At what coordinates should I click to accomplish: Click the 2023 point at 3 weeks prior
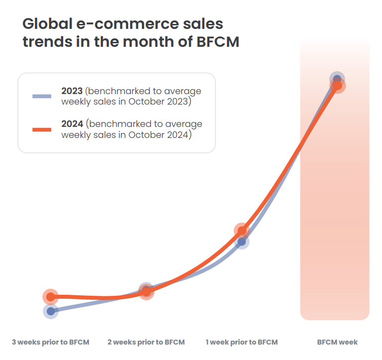tap(50, 311)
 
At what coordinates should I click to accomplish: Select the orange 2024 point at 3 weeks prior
tap(50, 297)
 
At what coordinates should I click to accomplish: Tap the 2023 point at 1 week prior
tap(242, 242)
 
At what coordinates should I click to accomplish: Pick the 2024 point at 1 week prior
tap(241, 231)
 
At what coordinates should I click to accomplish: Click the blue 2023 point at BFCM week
tap(337, 79)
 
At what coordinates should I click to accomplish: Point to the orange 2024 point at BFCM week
tap(338, 86)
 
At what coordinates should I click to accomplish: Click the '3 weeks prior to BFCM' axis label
tap(51, 342)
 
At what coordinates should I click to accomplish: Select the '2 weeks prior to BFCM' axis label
tap(146, 342)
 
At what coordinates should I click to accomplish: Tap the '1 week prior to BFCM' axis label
tap(242, 342)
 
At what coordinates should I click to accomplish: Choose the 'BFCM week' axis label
tap(338, 342)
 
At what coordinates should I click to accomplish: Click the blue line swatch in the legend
tap(42, 97)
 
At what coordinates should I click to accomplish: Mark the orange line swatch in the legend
tap(42, 129)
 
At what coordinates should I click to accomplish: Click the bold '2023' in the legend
tap(72, 92)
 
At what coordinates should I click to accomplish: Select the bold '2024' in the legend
tap(72, 124)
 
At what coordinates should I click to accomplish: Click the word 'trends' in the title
tap(44, 42)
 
